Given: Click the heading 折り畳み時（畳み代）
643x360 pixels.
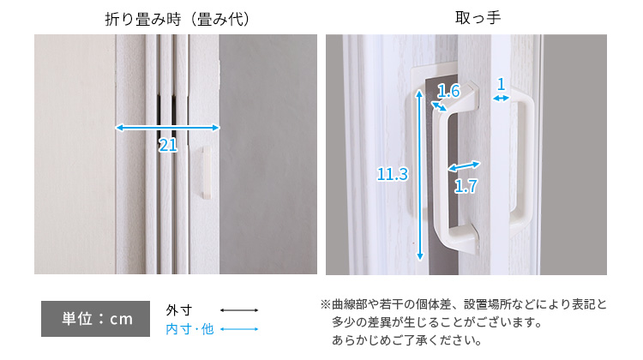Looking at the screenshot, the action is (x=177, y=19).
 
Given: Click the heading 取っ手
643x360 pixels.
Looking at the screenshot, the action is (x=478, y=18).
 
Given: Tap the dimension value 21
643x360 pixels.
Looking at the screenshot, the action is (x=168, y=145).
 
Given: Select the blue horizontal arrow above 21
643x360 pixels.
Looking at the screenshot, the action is (x=167, y=128).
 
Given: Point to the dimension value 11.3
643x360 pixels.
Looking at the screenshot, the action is (x=393, y=174).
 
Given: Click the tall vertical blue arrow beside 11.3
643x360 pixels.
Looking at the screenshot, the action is (x=419, y=175).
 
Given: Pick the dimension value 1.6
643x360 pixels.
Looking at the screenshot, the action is (x=448, y=91).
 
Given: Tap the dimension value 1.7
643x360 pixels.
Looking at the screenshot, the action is (x=466, y=187).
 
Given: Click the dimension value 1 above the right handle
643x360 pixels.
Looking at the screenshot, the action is (x=501, y=85).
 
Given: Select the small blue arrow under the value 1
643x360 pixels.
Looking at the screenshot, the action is (x=501, y=98).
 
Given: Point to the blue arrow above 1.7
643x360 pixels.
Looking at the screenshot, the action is (x=464, y=165).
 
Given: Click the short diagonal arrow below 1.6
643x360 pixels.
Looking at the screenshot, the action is (x=439, y=106).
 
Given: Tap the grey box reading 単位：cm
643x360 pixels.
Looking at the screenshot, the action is (x=95, y=319).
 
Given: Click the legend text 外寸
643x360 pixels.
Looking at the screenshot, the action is (x=179, y=310).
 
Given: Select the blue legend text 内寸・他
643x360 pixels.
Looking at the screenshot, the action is (x=189, y=329).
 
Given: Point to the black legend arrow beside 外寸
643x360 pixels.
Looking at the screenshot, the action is (x=239, y=310).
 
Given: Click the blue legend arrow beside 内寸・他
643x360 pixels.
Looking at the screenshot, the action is (x=239, y=329).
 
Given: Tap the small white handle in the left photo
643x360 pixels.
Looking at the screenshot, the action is (x=207, y=173).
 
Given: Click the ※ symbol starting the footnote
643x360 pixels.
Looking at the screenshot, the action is (x=325, y=304).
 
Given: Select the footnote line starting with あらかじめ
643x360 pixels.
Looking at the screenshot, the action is (x=406, y=340).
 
